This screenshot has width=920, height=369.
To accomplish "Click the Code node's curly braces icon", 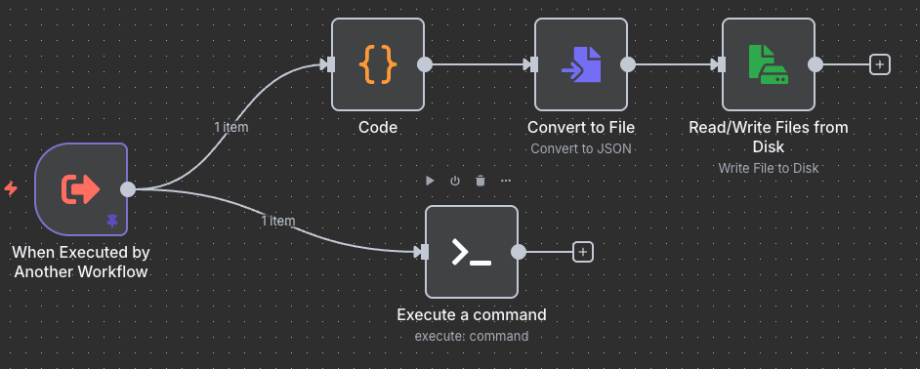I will (x=378, y=64).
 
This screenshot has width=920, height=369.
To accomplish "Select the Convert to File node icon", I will (x=581, y=64).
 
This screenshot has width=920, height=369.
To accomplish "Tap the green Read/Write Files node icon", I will (x=768, y=64).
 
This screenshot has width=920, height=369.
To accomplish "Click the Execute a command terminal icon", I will (x=471, y=252).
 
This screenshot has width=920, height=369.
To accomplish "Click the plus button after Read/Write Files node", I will (x=880, y=64).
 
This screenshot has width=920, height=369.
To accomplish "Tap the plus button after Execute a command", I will (x=583, y=252).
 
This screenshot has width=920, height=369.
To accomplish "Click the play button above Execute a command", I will (x=430, y=181).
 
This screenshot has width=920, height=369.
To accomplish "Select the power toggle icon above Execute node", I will (x=455, y=181).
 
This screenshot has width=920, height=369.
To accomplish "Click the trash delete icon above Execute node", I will (x=481, y=181).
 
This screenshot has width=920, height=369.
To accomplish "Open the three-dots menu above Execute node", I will (x=506, y=181).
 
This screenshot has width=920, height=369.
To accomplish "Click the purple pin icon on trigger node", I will (x=112, y=222).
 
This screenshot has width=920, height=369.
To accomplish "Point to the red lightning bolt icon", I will (x=11, y=188).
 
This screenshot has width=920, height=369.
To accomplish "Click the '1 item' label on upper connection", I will (x=231, y=127).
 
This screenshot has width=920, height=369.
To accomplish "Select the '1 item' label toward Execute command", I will (x=277, y=221).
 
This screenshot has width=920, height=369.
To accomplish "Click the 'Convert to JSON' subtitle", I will (x=581, y=149).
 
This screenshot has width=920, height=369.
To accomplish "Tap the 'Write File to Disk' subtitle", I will (x=768, y=168).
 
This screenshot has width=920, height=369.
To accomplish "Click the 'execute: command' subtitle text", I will (x=471, y=336).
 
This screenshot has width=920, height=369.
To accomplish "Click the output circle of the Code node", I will (x=425, y=64).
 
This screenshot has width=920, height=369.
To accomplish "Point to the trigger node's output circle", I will (x=127, y=188).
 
